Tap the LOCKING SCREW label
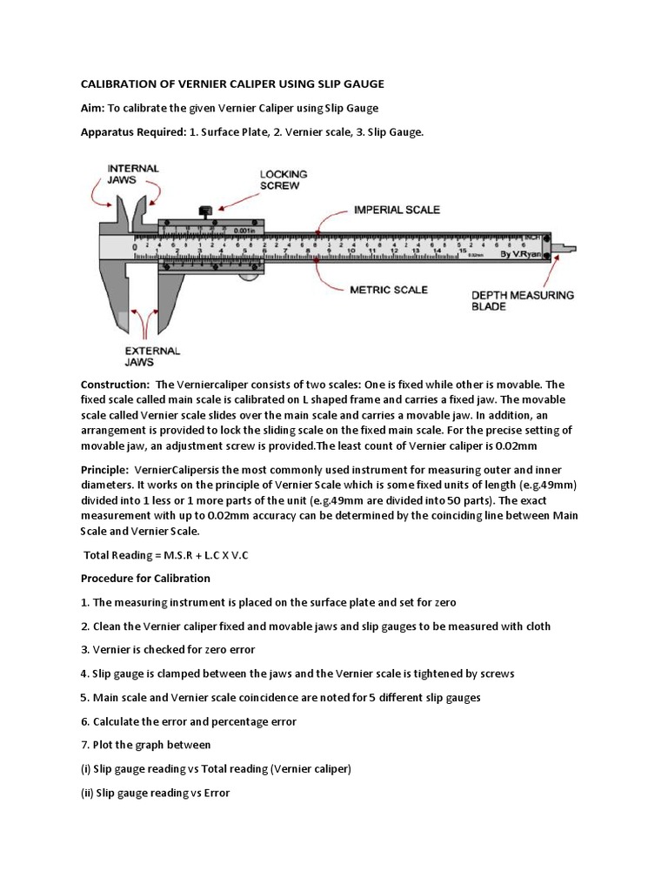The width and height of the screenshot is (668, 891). click(x=284, y=180)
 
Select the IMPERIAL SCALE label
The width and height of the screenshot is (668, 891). click(x=397, y=210)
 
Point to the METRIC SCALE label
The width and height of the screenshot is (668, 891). click(x=390, y=289)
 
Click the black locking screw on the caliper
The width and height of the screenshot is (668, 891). click(x=207, y=211)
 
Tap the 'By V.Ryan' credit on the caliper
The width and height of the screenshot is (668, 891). click(x=543, y=255)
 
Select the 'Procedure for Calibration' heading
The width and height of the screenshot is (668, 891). click(x=145, y=578)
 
